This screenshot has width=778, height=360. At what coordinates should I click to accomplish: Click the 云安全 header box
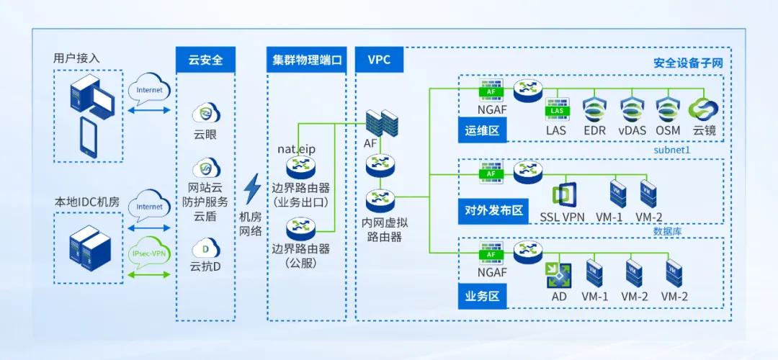pyautogui.click(x=205, y=60)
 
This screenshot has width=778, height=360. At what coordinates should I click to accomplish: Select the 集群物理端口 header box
pyautogui.click(x=306, y=60)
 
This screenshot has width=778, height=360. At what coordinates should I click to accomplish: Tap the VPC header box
pyautogui.click(x=379, y=60)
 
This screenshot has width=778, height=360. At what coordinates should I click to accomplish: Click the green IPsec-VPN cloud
pyautogui.click(x=149, y=255)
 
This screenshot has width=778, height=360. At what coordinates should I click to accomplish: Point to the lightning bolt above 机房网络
pyautogui.click(x=252, y=189)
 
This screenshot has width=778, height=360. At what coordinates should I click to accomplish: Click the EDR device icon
pyautogui.click(x=595, y=109)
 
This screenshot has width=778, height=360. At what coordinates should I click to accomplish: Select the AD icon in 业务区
pyautogui.click(x=558, y=274)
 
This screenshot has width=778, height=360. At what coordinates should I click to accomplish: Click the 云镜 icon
pyautogui.click(x=703, y=109)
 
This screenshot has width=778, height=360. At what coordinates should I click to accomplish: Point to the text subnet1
pyautogui.click(x=672, y=150)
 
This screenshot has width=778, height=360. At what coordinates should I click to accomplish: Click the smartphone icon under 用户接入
pyautogui.click(x=89, y=137)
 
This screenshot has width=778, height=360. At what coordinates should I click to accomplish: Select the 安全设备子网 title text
pyautogui.click(x=687, y=63)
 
